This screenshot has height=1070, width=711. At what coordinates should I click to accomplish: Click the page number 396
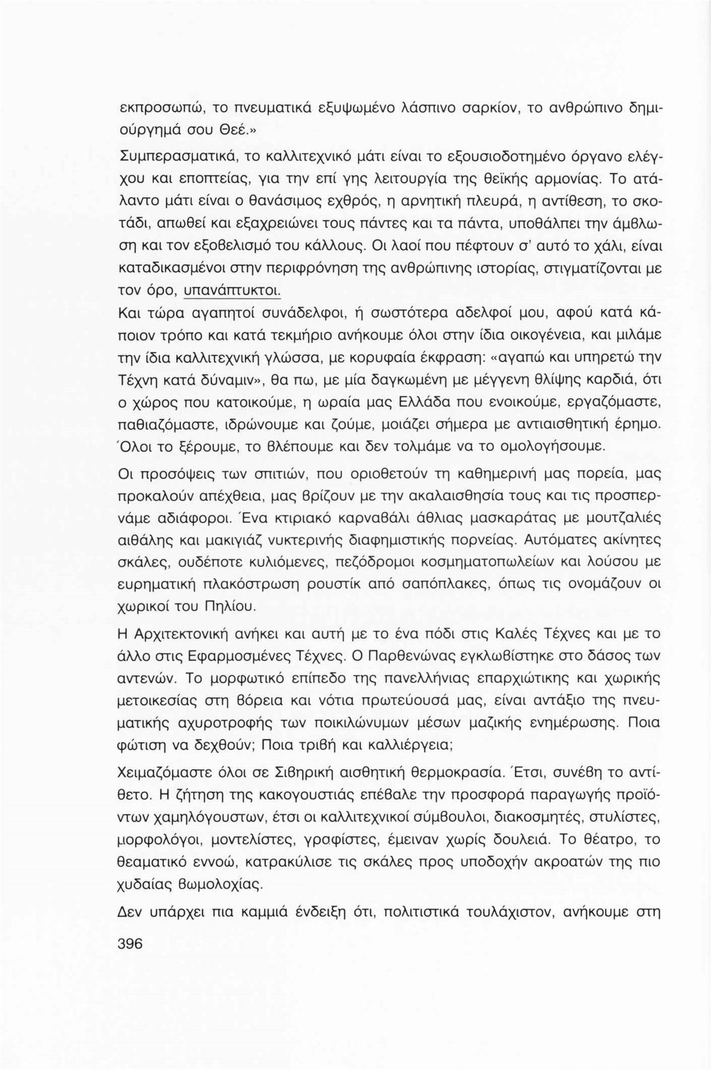tap(130, 942)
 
